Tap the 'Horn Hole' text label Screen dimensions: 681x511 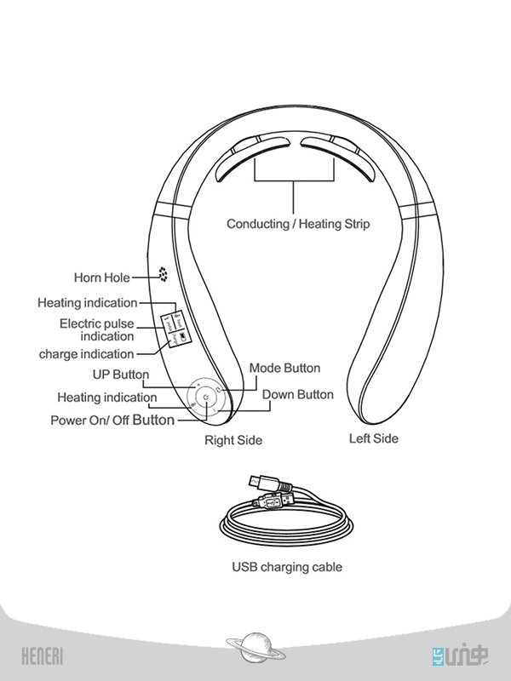[101, 278]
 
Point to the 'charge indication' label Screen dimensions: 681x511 [87, 354]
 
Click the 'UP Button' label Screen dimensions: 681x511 [120, 375]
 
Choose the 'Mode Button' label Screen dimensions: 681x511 [284, 368]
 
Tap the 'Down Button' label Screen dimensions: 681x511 [297, 394]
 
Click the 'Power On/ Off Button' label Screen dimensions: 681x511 [112, 420]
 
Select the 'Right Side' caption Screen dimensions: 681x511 [233, 440]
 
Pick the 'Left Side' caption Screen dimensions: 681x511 [373, 438]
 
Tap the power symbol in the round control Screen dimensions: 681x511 [205, 398]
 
